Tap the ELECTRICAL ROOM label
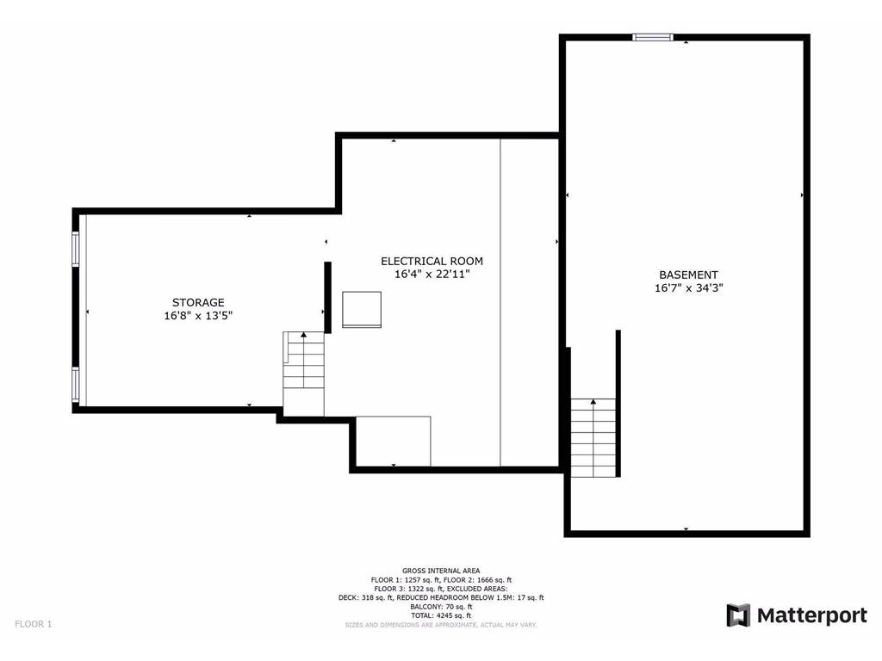[432, 261]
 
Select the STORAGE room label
[198, 302]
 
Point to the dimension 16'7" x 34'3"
[688, 289]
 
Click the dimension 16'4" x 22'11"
[432, 275]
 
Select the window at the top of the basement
[652, 37]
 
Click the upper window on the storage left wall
[76, 249]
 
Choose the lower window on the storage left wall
[76, 384]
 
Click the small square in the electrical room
[362, 309]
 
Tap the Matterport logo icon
[738, 615]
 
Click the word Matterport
[811, 615]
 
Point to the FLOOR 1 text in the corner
[33, 624]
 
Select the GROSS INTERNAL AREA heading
[441, 571]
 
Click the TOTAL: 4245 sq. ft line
[441, 615]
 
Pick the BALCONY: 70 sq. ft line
[441, 607]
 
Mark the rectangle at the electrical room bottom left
[394, 442]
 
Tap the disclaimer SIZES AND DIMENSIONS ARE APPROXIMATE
[441, 625]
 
